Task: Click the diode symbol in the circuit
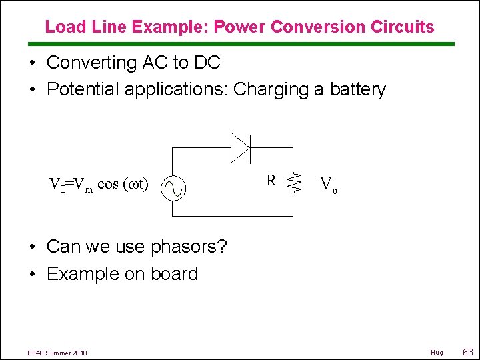point(240,147)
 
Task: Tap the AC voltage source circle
point(173,189)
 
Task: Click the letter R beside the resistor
point(271,180)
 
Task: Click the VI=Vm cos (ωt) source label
point(99,184)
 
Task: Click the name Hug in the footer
point(437,352)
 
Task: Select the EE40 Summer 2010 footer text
point(57,352)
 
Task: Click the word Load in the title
point(62,27)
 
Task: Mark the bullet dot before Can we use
point(32,247)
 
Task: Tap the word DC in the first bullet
point(207,63)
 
